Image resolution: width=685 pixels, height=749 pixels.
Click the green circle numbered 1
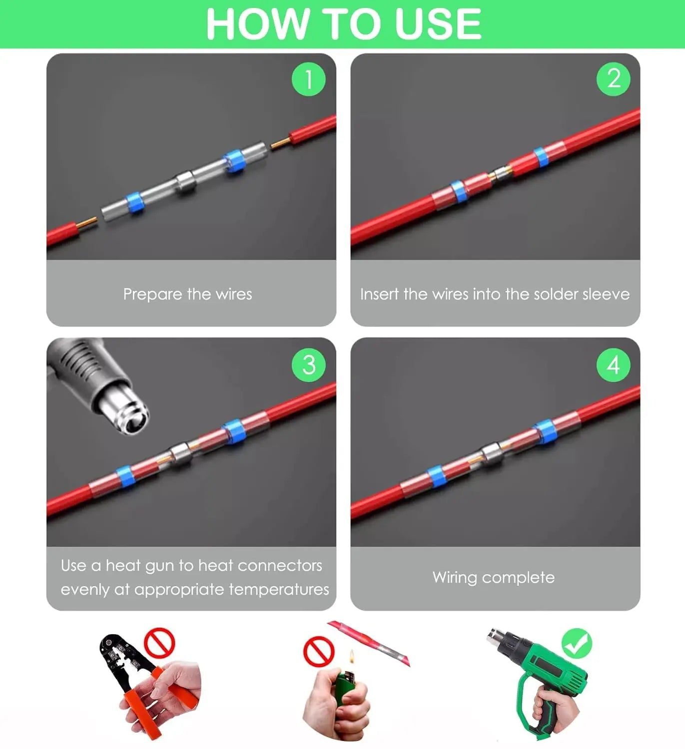(x=308, y=79)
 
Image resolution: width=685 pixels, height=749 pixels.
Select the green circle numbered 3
(x=308, y=365)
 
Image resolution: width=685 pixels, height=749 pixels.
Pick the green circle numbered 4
(x=613, y=365)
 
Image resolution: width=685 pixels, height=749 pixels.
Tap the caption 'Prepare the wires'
(x=187, y=294)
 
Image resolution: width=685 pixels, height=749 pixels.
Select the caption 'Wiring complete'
(x=494, y=578)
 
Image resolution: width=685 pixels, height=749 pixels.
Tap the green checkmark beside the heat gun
(x=577, y=644)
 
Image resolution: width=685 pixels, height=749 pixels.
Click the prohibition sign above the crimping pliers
(x=159, y=643)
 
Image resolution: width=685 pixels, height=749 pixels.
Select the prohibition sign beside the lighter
(x=319, y=651)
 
